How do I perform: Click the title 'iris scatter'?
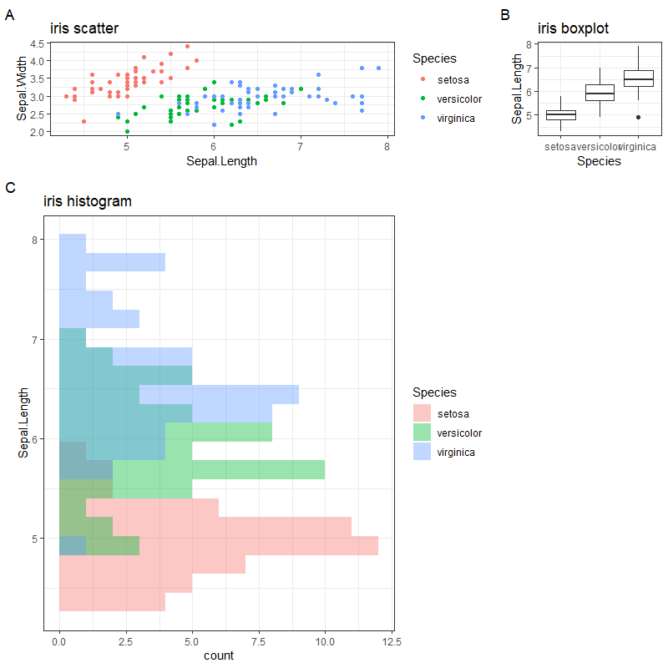[84, 28]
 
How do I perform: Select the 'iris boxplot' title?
[573, 28]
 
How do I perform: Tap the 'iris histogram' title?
[88, 201]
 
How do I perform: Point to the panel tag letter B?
[504, 14]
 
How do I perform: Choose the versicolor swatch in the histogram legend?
[423, 433]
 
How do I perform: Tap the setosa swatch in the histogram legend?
[423, 413]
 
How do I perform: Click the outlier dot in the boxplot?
[638, 118]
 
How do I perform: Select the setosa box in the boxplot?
[560, 115]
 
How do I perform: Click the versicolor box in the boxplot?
[600, 92]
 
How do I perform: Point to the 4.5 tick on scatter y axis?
[37, 43]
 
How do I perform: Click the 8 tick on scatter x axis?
[387, 148]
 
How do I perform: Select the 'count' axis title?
[219, 655]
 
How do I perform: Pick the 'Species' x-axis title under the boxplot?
[599, 162]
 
